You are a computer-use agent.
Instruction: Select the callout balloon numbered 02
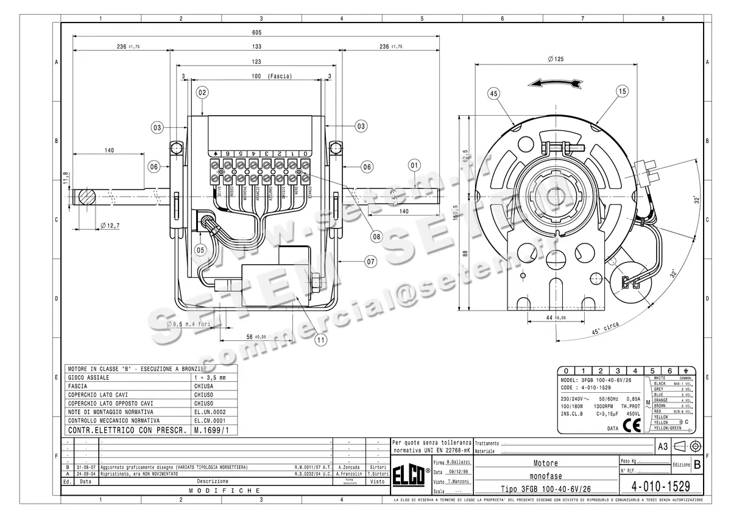(x=202, y=93)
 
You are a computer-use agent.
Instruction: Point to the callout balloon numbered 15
(x=621, y=91)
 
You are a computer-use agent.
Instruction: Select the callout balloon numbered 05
(x=370, y=262)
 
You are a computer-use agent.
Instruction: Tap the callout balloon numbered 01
(x=415, y=164)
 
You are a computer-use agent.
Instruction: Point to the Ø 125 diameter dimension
(x=555, y=59)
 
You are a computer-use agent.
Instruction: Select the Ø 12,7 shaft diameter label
(x=109, y=226)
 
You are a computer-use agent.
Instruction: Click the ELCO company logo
(x=409, y=473)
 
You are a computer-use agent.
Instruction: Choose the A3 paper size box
(x=663, y=446)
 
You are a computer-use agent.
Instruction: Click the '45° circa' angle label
(x=605, y=329)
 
